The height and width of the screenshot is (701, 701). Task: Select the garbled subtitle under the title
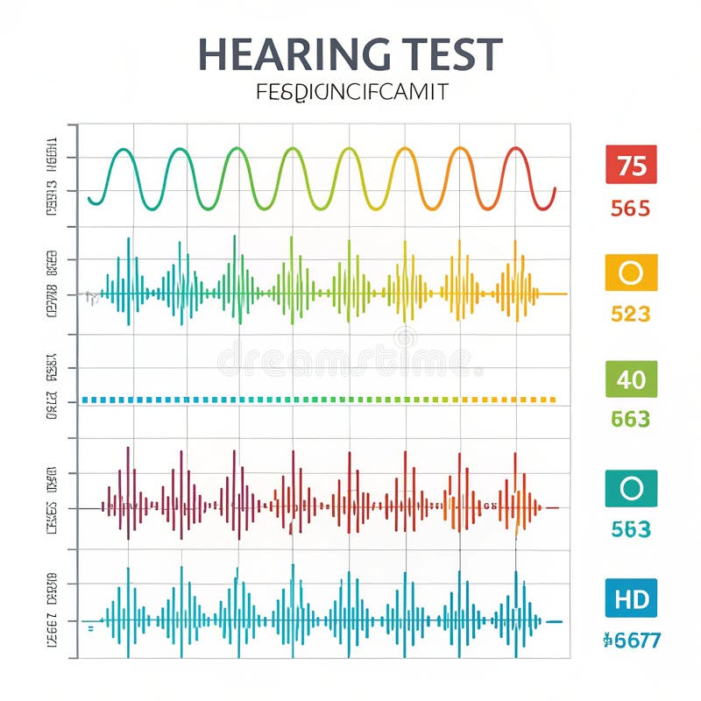(351, 91)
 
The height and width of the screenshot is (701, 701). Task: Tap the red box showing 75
(631, 165)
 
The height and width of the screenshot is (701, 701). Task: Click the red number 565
(631, 209)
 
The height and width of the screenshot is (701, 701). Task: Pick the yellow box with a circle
(631, 273)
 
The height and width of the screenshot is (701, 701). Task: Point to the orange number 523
(631, 314)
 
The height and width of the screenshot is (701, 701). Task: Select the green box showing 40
(631, 379)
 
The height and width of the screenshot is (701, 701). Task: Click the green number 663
(631, 420)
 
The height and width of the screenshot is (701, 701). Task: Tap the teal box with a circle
(631, 488)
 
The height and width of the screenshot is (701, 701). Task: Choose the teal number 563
(631, 529)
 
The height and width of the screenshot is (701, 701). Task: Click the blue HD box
(631, 598)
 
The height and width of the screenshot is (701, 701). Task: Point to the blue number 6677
(632, 641)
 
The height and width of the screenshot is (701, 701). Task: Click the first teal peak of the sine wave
(124, 151)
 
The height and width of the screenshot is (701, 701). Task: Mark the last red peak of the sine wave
(516, 150)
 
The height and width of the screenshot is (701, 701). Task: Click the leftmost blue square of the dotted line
(85, 400)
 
